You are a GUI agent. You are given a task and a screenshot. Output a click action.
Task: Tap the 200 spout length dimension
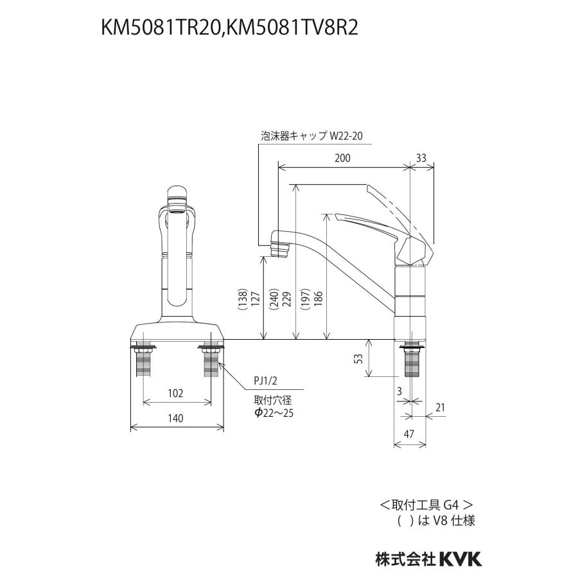coord(342,159)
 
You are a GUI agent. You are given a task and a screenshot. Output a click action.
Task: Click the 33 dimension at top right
coord(421,159)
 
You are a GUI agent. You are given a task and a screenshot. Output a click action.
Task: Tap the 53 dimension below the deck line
coord(360,358)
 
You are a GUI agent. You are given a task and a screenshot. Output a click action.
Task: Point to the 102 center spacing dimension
coord(176,392)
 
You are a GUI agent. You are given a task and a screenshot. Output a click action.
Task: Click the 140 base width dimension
coord(176,418)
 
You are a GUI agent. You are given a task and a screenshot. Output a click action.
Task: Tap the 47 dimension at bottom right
coord(409,435)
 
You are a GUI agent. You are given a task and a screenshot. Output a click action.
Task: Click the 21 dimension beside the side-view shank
coord(440,407)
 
